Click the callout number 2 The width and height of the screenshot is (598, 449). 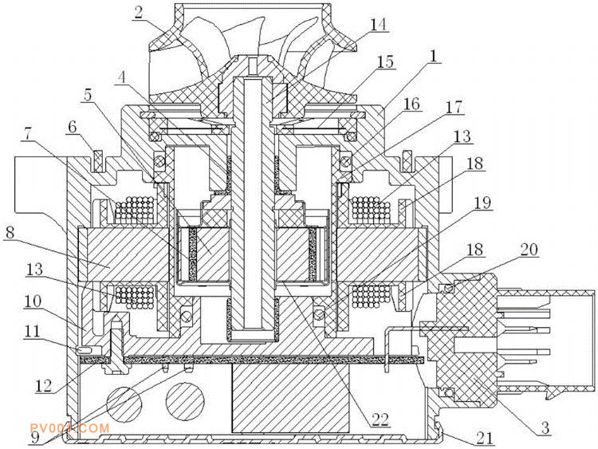tap(138, 13)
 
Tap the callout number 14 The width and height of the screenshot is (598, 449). tap(378, 25)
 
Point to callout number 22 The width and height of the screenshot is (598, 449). tap(379, 419)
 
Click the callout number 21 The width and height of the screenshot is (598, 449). tap(484, 439)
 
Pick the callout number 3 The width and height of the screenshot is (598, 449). tap(546, 428)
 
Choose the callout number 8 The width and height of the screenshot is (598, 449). tap(10, 233)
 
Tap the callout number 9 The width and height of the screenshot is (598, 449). tap(35, 438)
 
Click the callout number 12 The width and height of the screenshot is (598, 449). tap(44, 386)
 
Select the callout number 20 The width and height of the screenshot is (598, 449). tap(529, 250)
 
